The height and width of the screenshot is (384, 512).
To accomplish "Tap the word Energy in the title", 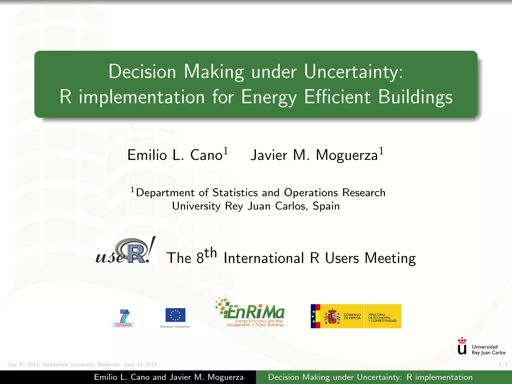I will [269, 97].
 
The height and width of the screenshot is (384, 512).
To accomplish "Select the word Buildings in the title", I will [415, 97].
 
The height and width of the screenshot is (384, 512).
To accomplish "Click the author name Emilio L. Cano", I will [175, 155].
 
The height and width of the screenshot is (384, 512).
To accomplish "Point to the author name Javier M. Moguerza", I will [314, 155].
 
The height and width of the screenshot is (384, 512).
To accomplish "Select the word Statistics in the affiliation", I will [235, 193].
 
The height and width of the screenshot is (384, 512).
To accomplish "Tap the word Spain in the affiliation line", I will [326, 206].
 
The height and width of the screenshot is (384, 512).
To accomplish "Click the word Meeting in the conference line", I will [390, 258].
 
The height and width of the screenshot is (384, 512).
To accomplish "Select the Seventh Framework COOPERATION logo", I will [123, 318].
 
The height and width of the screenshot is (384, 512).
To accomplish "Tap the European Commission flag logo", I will [175, 315].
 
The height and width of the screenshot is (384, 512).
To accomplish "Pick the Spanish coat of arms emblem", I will [332, 316].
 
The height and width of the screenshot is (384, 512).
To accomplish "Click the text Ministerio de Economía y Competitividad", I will [382, 318].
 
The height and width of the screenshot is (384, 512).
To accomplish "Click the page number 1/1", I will [503, 364].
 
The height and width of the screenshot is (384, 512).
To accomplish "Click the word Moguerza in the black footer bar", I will [225, 377].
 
